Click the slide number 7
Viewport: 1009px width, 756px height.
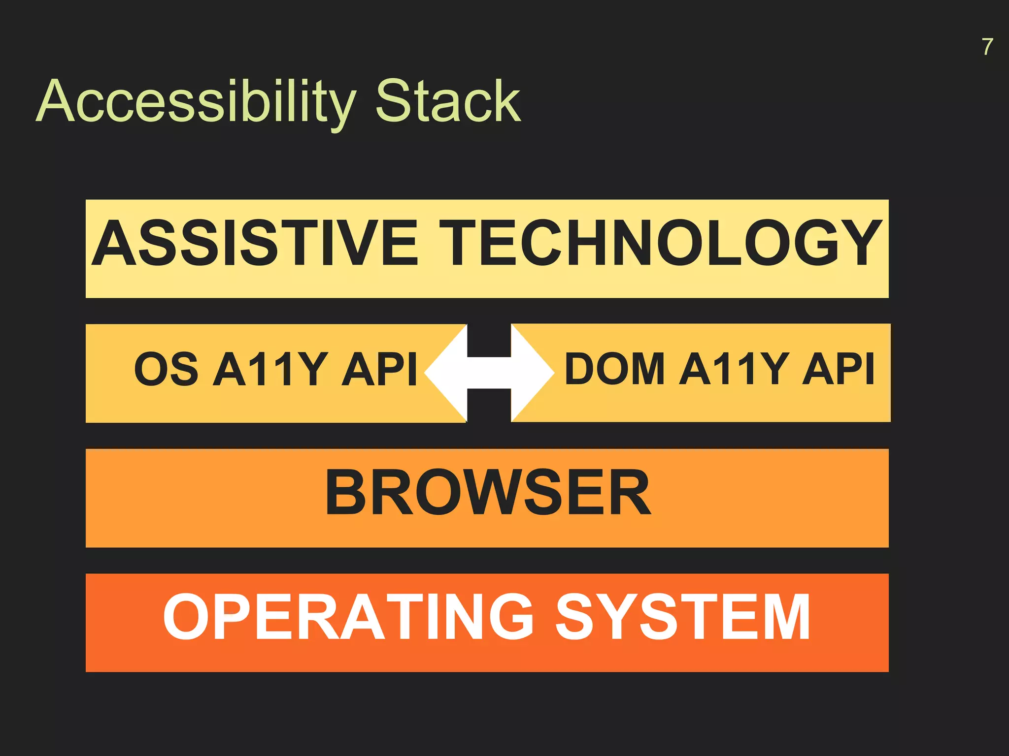(987, 47)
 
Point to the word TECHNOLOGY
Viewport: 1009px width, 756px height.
(660, 243)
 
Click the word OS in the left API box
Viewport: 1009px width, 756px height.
(166, 369)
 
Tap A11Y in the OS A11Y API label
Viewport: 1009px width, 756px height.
(269, 369)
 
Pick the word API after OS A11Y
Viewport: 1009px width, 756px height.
(379, 369)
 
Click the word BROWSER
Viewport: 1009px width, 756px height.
(488, 493)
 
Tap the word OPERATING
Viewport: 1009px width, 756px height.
(348, 617)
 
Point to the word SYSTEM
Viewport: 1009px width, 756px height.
(683, 617)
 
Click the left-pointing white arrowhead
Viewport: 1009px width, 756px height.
(446, 373)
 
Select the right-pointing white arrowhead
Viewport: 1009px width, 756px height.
(532, 373)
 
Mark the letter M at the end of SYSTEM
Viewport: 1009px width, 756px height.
(785, 617)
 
